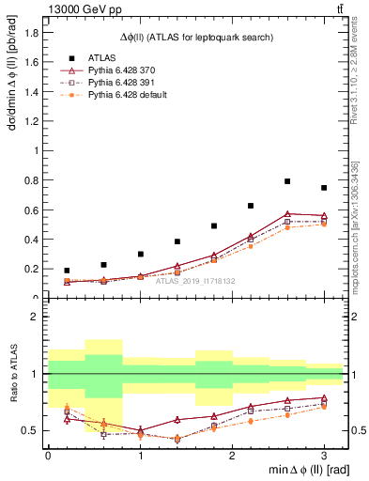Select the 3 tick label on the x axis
click(324, 455)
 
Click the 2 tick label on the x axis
click(232, 455)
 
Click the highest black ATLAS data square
click(287, 181)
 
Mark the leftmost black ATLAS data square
click(67, 271)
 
